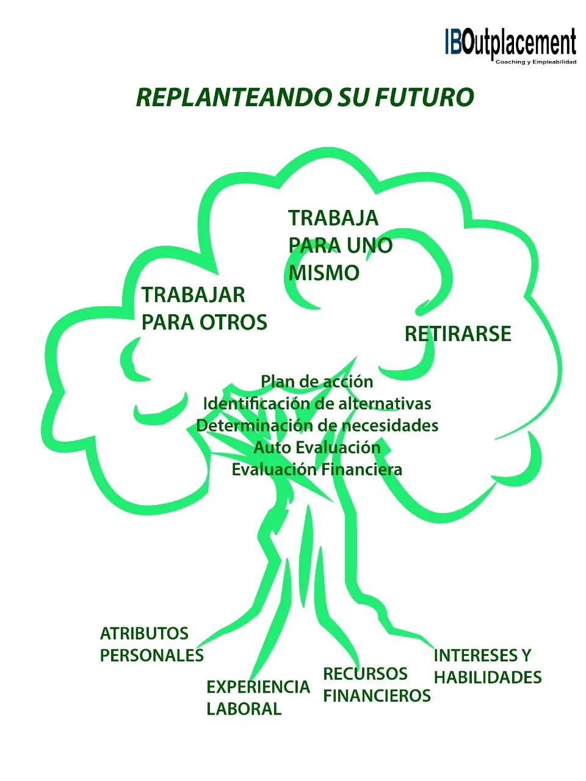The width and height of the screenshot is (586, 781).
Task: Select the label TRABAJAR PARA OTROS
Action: click(x=204, y=309)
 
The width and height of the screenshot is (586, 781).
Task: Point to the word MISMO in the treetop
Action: click(x=324, y=273)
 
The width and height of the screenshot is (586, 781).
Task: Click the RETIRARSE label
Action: click(x=458, y=334)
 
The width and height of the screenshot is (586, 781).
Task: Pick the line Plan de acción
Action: click(x=317, y=381)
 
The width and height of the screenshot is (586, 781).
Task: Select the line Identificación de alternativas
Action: click(x=317, y=403)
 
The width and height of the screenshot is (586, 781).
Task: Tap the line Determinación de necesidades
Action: click(x=317, y=425)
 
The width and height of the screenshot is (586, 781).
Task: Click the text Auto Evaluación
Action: click(x=317, y=447)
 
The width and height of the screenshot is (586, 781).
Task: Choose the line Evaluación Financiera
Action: click(x=317, y=469)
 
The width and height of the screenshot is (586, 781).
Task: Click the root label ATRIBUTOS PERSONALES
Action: click(x=151, y=644)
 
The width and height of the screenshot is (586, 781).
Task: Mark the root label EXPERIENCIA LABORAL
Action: click(x=258, y=698)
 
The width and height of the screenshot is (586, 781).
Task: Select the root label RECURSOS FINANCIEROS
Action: click(x=377, y=685)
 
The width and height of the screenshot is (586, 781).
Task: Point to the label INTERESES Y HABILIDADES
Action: click(x=487, y=666)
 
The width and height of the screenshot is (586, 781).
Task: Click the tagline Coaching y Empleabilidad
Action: click(x=535, y=62)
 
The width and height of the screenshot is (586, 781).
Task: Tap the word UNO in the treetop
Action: click(x=369, y=245)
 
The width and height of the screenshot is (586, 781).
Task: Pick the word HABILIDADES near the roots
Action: click(x=487, y=677)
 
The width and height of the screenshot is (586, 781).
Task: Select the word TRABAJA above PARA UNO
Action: click(x=333, y=218)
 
